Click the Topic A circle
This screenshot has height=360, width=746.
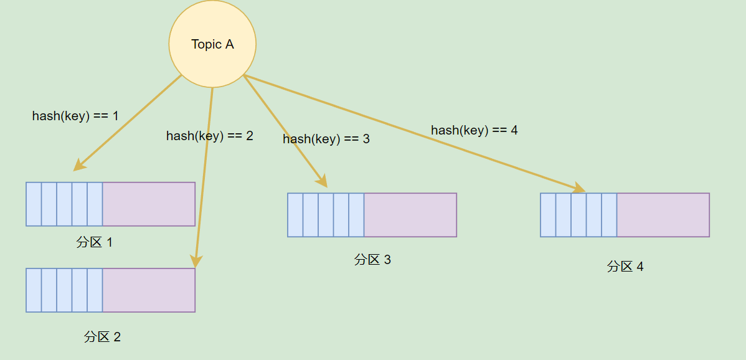pyautogui.click(x=212, y=44)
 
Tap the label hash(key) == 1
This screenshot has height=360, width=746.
pyautogui.click(x=75, y=116)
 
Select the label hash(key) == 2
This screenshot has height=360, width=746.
pyautogui.click(x=210, y=136)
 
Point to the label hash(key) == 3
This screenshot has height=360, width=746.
pyautogui.click(x=326, y=139)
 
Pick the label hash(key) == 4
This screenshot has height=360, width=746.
pyautogui.click(x=475, y=130)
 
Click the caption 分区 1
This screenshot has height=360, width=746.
pyautogui.click(x=95, y=242)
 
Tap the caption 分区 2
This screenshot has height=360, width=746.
pyautogui.click(x=102, y=337)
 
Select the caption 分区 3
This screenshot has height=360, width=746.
pyautogui.click(x=372, y=260)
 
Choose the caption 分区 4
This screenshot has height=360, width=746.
pyautogui.click(x=625, y=267)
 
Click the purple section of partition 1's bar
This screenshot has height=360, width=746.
pyautogui.click(x=149, y=204)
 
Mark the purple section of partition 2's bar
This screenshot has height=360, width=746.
pyautogui.click(x=149, y=290)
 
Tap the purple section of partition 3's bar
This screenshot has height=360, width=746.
pyautogui.click(x=410, y=215)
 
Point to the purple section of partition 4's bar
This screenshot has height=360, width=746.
pyautogui.click(x=663, y=215)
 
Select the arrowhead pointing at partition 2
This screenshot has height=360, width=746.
pyautogui.click(x=196, y=262)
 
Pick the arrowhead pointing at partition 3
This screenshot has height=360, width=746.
pyautogui.click(x=323, y=181)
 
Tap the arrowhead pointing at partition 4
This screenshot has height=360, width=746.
pyautogui.click(x=579, y=188)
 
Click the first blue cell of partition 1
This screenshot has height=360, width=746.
pyautogui.click(x=34, y=204)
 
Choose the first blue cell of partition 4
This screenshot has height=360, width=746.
pyautogui.click(x=548, y=215)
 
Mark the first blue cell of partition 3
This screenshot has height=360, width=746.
pyautogui.click(x=295, y=215)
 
